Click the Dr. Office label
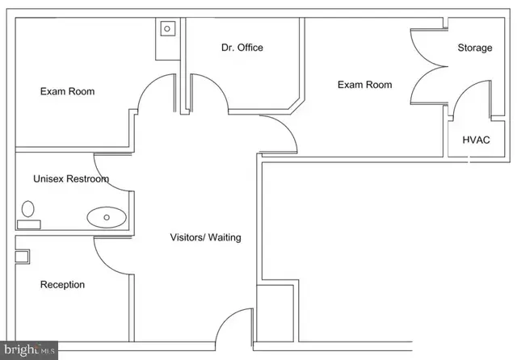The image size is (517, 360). tap(242, 48)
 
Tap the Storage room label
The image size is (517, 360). tap(475, 48)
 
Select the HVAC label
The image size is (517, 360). tap(476, 140)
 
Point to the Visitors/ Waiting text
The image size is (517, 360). tap(205, 237)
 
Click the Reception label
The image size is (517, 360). tap(62, 285)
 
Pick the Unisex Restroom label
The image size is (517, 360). tap(71, 179)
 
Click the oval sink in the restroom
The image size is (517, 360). tap(107, 217)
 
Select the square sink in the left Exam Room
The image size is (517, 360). tap(167, 29)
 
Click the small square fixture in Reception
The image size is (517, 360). tap(22, 256)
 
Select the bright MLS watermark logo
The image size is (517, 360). tap(29, 350)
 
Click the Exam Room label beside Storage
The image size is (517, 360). tap(364, 85)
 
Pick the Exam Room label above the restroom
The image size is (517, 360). tap(67, 91)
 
